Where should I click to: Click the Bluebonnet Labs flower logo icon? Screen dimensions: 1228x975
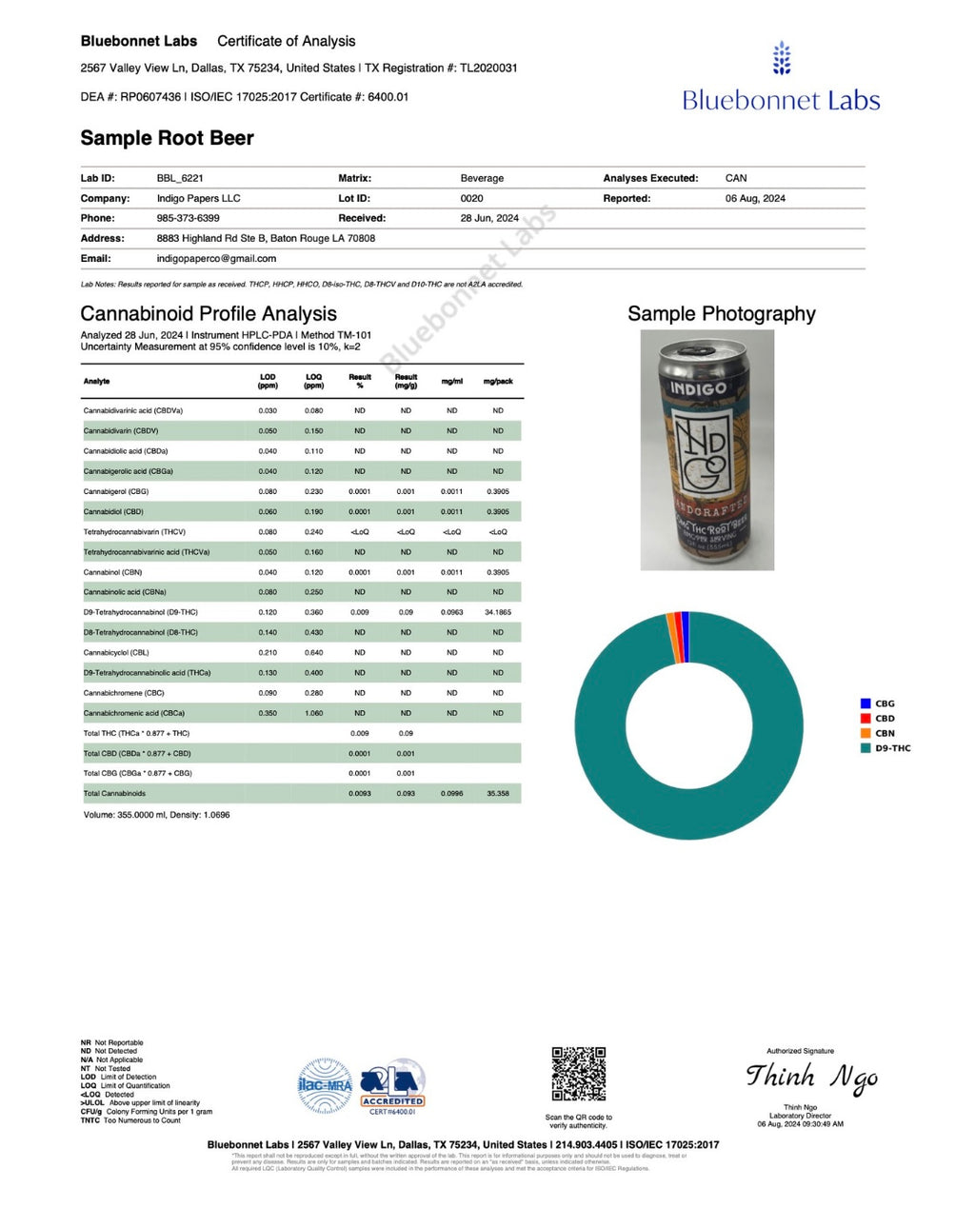click(781, 58)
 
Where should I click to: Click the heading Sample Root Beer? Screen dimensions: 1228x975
click(167, 138)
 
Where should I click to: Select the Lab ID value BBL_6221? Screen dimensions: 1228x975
click(180, 178)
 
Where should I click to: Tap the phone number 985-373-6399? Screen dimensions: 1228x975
click(188, 218)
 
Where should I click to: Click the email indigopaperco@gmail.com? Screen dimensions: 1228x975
click(216, 258)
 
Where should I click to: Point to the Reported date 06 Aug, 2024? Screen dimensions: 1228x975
click(755, 198)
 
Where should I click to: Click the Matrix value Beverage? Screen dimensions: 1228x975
click(482, 178)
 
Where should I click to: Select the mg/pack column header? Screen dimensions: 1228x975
click(498, 381)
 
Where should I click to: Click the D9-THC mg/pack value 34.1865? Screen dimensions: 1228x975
click(498, 612)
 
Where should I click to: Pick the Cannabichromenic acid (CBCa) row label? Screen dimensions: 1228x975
click(134, 713)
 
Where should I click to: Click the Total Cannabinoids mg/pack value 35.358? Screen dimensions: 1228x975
click(498, 793)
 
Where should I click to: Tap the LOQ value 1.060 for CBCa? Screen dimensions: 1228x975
click(313, 713)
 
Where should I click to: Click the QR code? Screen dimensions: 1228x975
click(578, 1074)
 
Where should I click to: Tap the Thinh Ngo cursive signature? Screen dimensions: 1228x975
click(811, 1078)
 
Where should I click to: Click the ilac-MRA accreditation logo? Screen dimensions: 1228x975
click(325, 1085)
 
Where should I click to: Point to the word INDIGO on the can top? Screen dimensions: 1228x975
click(698, 388)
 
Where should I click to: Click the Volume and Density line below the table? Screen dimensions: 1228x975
click(156, 815)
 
